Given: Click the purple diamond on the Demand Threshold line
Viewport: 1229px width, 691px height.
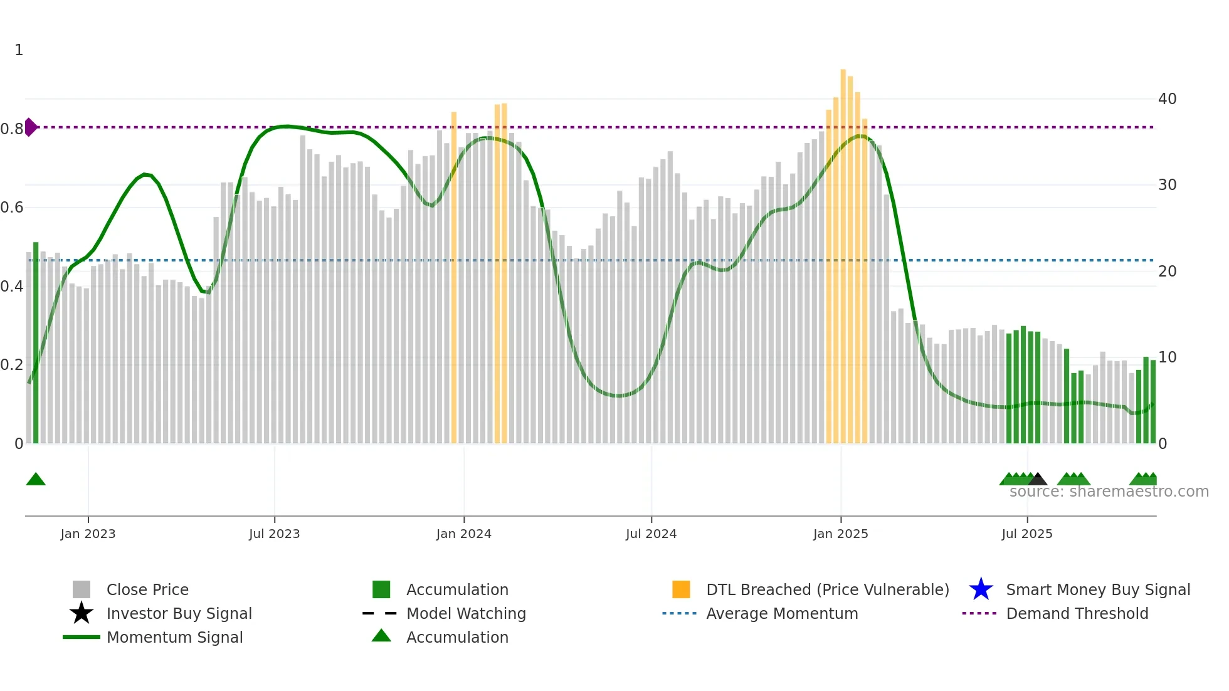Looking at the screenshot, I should click(x=30, y=127).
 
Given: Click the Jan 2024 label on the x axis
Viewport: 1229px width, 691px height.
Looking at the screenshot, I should click(x=463, y=534).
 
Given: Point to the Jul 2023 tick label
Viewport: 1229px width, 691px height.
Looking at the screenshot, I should click(x=274, y=534).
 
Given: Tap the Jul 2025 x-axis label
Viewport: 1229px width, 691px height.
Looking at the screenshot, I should click(x=1026, y=534).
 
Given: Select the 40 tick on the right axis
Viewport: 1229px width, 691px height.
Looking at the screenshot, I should click(x=1167, y=99).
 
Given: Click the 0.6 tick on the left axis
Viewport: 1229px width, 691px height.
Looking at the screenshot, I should click(x=12, y=208).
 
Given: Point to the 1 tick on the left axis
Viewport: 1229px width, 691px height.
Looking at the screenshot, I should click(x=19, y=50).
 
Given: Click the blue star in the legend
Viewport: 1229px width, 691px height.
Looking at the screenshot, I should click(x=981, y=589).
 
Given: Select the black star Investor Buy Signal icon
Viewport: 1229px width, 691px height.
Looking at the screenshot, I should click(x=82, y=613).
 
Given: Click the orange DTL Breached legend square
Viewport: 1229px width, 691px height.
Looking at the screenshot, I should click(x=681, y=589).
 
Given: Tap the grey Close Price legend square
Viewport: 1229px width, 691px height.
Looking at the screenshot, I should click(x=82, y=589).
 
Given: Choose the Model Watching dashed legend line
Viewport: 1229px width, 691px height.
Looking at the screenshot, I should click(x=380, y=613).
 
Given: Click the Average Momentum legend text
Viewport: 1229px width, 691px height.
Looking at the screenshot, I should click(x=782, y=613).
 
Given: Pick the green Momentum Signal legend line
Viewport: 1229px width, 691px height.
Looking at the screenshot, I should click(x=82, y=637).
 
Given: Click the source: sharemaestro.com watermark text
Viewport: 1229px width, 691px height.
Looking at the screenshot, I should click(x=1109, y=492).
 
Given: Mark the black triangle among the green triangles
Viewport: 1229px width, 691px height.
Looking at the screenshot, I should click(x=1037, y=480).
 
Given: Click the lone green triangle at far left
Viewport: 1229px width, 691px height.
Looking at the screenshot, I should click(x=36, y=480).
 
